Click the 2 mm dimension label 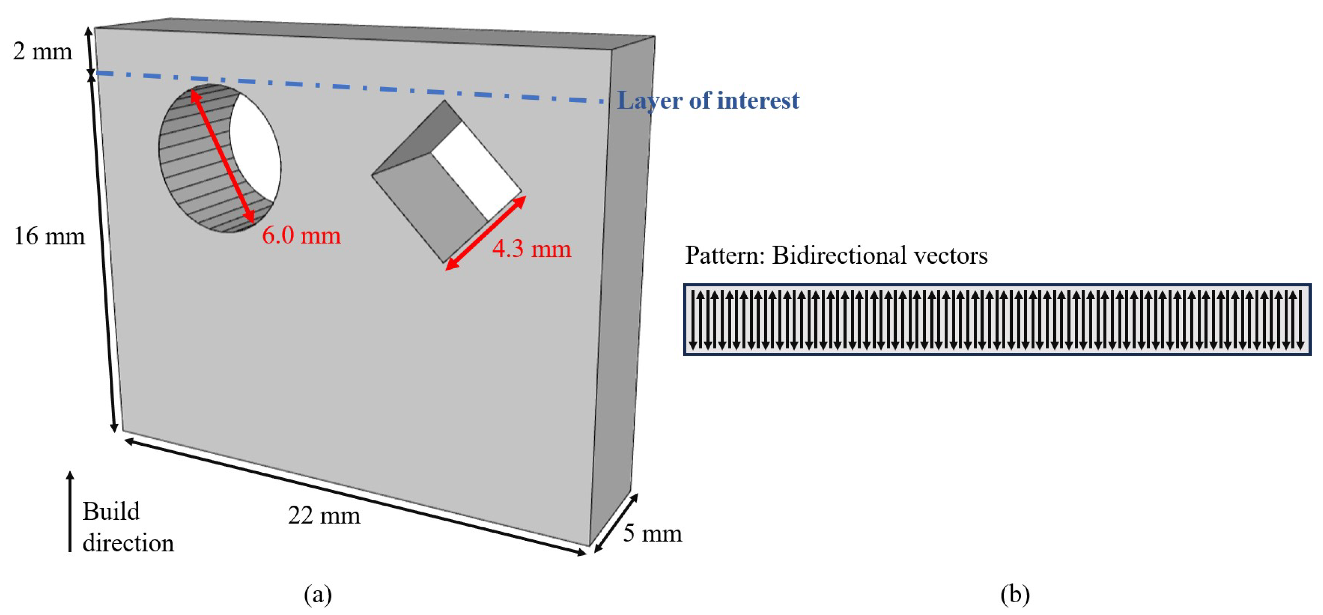[42, 52]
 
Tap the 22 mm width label [324, 515]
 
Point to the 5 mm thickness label [652, 533]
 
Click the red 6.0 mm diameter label [301, 236]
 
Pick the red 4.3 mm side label [531, 249]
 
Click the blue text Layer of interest [708, 101]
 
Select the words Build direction [128, 527]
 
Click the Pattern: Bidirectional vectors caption [836, 256]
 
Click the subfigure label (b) [1015, 594]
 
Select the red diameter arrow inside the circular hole [222, 157]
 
